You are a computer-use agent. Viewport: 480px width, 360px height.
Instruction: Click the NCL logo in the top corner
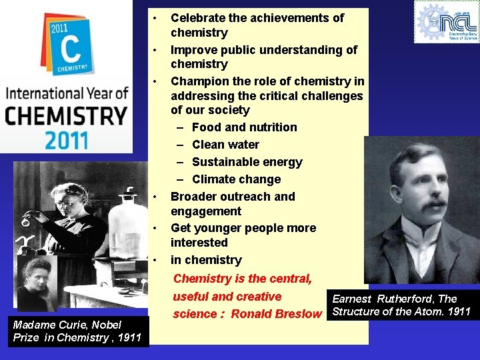446,21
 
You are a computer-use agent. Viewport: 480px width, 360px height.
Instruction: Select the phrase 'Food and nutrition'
244,127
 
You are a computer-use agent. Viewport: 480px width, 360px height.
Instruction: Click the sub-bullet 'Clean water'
225,145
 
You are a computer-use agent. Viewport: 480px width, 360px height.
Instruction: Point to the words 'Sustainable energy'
247,162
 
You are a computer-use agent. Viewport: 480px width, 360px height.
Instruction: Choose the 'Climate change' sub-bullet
236,179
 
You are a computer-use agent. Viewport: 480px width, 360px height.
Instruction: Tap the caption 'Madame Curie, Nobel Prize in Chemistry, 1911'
77,331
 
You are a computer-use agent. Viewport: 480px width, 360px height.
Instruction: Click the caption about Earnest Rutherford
401,305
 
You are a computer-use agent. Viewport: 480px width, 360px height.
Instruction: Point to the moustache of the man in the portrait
419,212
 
